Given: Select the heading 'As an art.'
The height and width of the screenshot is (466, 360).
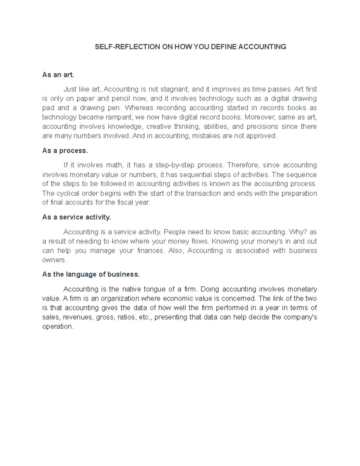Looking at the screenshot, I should click(58, 75).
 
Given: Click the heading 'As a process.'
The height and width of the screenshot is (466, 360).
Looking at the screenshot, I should click(65, 151).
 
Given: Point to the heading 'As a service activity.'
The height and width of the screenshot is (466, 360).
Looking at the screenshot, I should click(76, 217).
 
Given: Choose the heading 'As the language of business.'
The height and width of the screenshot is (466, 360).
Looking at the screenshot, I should click(91, 275).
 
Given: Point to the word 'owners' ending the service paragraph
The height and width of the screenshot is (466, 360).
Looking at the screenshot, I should click(54, 260).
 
